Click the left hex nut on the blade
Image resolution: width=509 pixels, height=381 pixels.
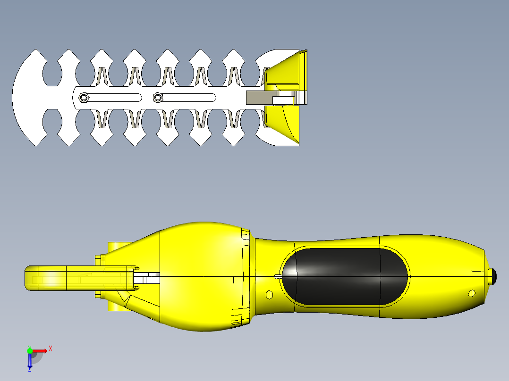click(84, 98)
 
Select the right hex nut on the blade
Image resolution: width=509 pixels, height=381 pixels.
click(158, 98)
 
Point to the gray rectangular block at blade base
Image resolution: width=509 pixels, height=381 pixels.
click(259, 98)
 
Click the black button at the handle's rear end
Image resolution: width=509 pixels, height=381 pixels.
click(493, 276)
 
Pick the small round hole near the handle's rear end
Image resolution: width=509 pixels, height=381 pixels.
click(471, 294)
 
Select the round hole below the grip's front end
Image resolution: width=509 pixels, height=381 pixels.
click(269, 295)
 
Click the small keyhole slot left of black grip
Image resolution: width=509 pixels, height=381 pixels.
click(278, 276)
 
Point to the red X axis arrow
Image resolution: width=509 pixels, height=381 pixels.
click(40, 350)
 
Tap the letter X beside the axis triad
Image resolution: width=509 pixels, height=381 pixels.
click(51, 349)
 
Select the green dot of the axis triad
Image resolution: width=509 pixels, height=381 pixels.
click(30, 350)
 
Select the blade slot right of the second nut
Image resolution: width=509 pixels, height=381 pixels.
click(189, 98)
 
